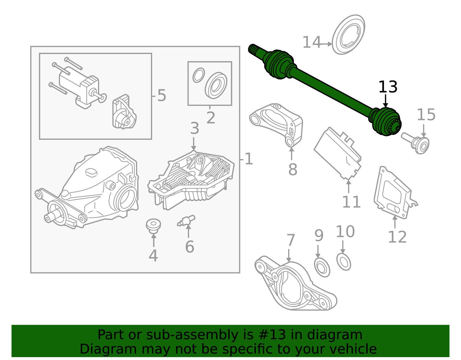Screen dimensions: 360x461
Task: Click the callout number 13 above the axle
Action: point(388,87)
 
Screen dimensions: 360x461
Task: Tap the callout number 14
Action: point(311,43)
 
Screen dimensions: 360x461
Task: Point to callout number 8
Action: point(292,169)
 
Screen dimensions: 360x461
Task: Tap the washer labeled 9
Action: point(322,267)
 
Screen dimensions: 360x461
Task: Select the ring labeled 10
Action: point(343,262)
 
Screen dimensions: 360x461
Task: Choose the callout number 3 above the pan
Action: point(194,128)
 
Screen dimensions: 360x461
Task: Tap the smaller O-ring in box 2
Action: point(199,75)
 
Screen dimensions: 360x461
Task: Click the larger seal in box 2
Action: point(216,86)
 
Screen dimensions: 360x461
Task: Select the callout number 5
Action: point(162,95)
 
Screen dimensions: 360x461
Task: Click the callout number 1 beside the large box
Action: point(248,159)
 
